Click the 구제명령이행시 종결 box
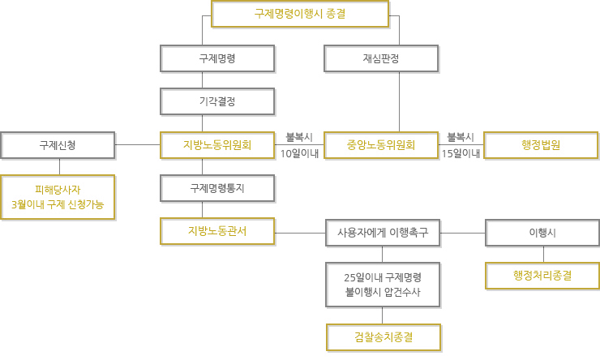tap(300, 14)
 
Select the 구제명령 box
tap(217, 58)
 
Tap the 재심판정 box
tap(381, 58)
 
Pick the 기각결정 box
tap(217, 101)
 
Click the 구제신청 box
tap(58, 145)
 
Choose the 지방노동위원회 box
tap(217, 145)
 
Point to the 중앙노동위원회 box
tap(381, 145)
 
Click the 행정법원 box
tap(541, 145)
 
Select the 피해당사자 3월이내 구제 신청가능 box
tap(58, 197)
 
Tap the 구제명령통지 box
tap(217, 188)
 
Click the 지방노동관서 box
tap(217, 231)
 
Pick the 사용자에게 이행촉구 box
tap(383, 233)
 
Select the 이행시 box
tap(542, 233)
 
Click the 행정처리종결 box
tap(542, 276)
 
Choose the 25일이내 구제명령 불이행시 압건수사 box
tap(383, 285)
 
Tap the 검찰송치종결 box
tap(384, 337)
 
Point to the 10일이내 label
tap(300, 154)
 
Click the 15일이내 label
tap(461, 154)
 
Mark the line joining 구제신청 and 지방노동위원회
tap(137, 144)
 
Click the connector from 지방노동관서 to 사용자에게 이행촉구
tap(300, 233)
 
